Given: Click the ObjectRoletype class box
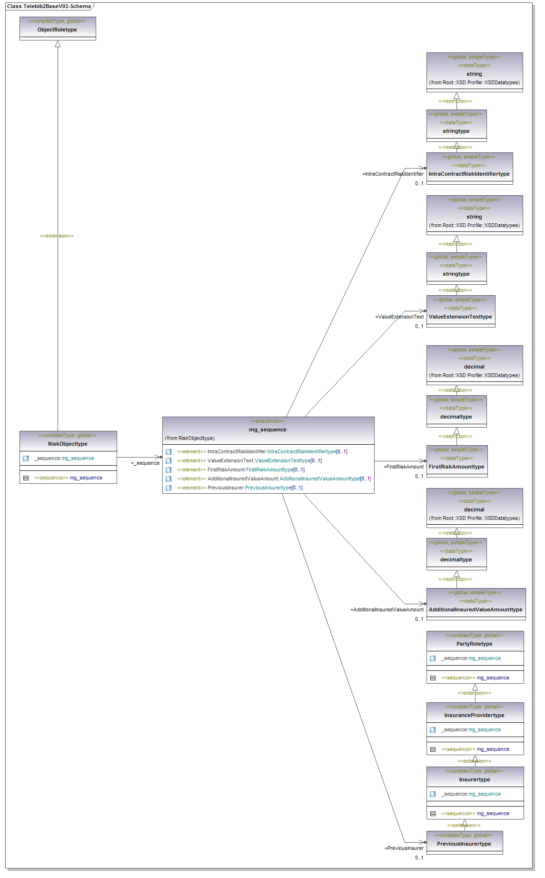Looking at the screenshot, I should [x=58, y=29].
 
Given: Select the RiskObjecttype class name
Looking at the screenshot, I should [x=68, y=444].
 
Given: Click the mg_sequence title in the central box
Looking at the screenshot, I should [x=268, y=429].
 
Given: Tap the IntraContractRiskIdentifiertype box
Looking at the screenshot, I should [x=469, y=169].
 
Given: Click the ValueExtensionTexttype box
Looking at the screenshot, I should [x=460, y=311].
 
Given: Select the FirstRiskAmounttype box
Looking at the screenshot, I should [x=456, y=461].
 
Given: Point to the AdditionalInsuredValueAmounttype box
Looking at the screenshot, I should [x=476, y=604].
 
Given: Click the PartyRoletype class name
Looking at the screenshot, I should [x=475, y=644].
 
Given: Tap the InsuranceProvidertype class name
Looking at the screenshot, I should [x=475, y=715].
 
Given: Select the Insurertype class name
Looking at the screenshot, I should [x=475, y=779].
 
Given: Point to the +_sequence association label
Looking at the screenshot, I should [x=145, y=463].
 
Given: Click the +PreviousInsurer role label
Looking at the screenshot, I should [x=404, y=848].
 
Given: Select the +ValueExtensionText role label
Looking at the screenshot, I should [x=399, y=317].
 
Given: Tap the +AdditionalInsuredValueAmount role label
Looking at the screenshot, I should [x=386, y=609].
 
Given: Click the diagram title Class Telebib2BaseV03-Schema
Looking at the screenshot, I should [x=49, y=6].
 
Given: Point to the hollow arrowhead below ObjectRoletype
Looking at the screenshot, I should [x=58, y=44].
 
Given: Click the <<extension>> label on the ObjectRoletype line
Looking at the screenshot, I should [x=57, y=236].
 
